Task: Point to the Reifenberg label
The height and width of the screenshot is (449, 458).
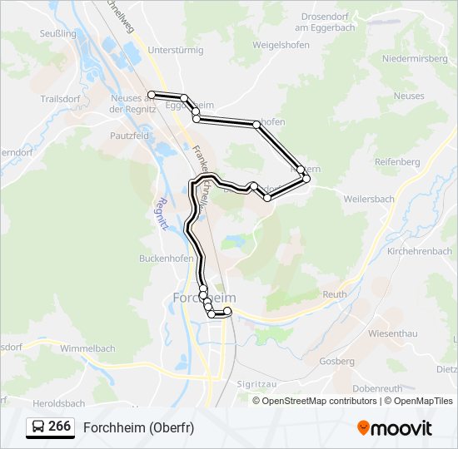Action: (397, 161)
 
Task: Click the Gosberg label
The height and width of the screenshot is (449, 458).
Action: (336, 362)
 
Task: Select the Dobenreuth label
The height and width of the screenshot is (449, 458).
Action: (377, 388)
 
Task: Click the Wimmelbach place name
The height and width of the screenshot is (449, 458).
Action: (87, 348)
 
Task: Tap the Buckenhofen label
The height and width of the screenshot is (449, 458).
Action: (142, 259)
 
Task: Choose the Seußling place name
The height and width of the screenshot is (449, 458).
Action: (58, 33)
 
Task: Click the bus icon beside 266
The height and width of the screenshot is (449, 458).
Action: (38, 427)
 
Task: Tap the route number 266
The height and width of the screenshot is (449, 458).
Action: (59, 427)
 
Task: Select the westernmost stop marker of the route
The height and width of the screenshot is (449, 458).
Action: (152, 94)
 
